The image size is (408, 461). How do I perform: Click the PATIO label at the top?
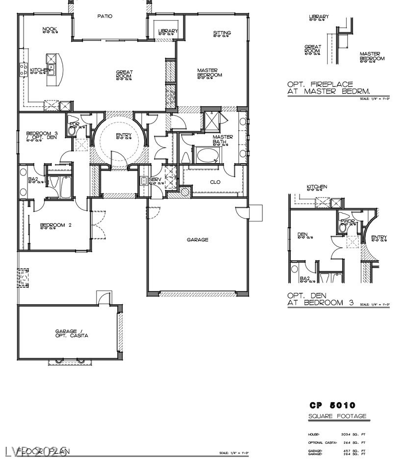(104, 16)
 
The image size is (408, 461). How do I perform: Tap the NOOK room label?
(50, 29)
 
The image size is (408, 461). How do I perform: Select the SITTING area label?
(222, 33)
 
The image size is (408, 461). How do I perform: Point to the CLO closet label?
(215, 182)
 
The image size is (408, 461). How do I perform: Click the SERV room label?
(155, 179)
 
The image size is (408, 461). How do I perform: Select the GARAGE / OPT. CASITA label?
(71, 334)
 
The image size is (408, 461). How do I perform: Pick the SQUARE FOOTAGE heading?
(337, 416)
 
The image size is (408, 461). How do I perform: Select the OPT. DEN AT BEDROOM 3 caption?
(320, 299)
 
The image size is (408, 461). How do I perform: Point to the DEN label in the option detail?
(303, 235)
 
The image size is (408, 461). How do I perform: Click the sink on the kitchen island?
(51, 67)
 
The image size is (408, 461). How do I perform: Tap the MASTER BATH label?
(222, 140)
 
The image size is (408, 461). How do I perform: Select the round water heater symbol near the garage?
(184, 192)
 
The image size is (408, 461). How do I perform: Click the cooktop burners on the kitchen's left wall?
(23, 70)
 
